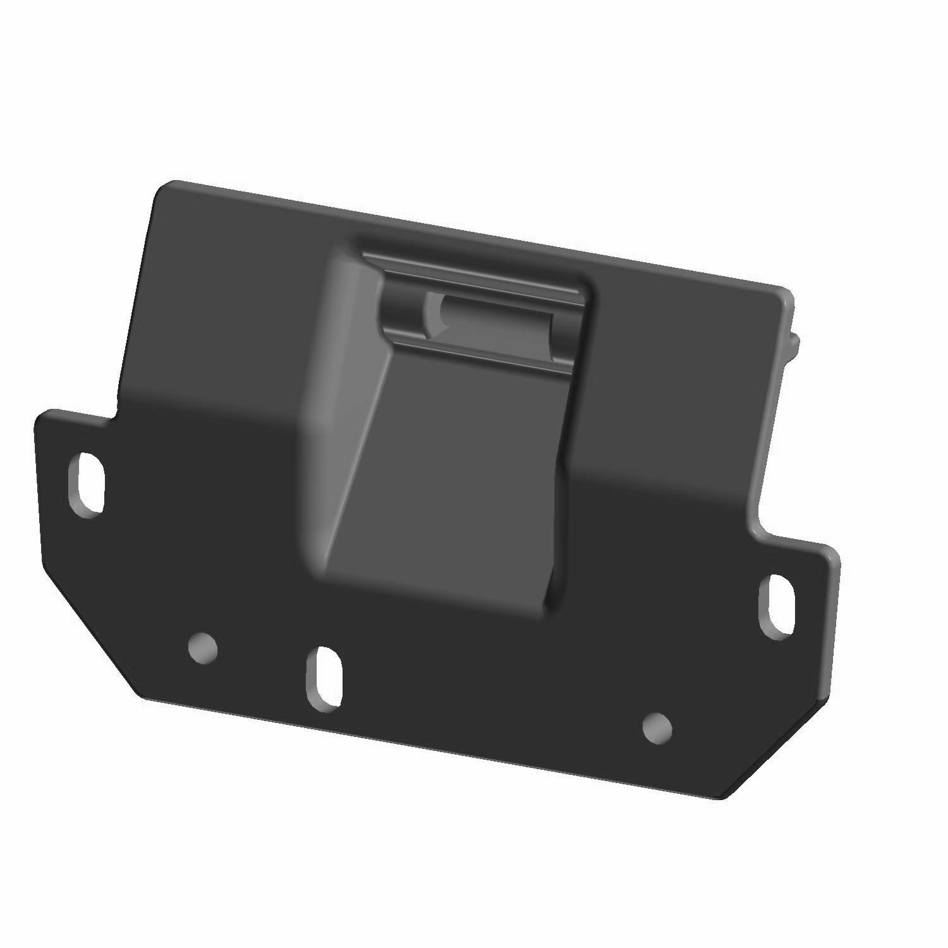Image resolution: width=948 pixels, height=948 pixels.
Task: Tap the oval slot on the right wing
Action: tap(777, 607)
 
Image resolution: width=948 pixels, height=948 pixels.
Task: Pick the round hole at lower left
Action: tap(204, 648)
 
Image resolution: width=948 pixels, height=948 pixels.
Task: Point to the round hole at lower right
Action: tap(657, 728)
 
